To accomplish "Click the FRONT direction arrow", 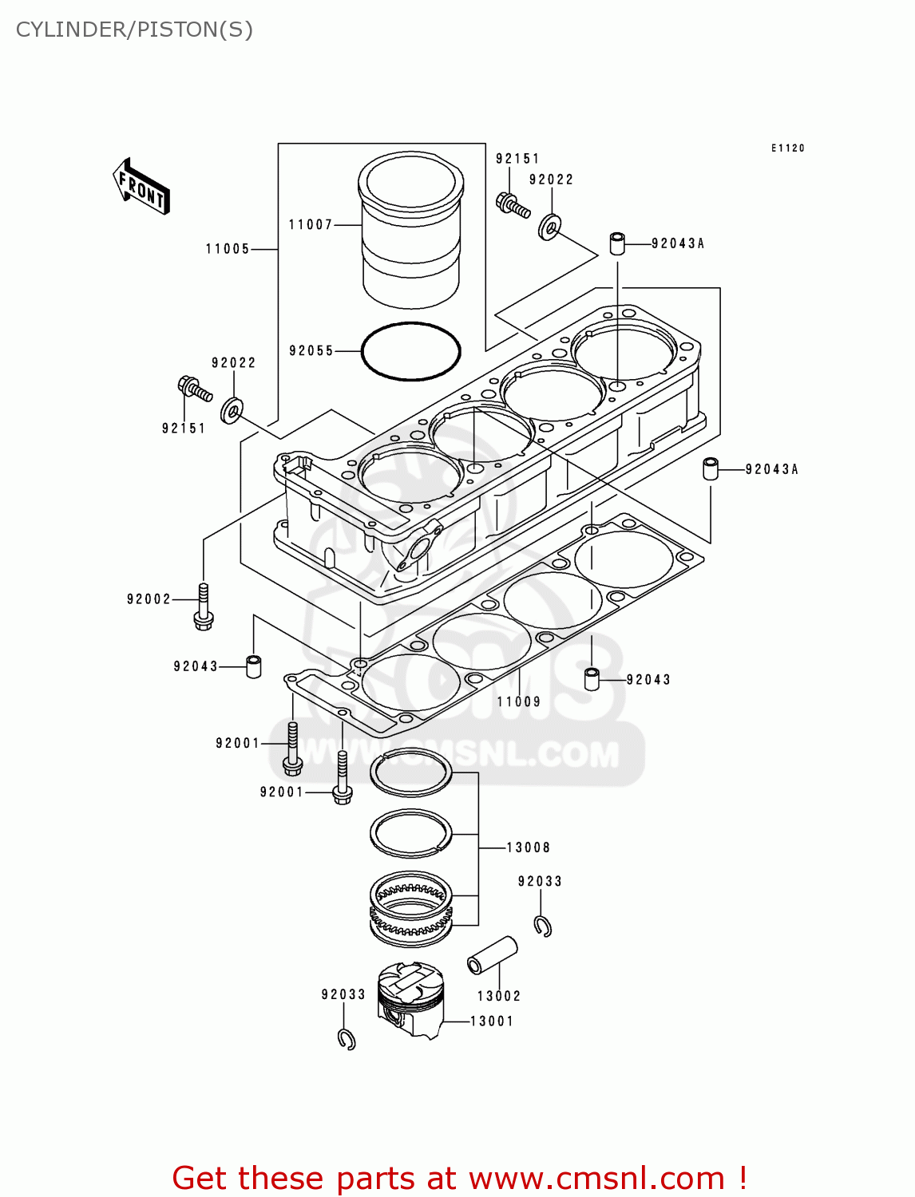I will tap(141, 187).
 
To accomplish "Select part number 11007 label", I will tap(310, 225).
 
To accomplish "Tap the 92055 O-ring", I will tap(410, 351).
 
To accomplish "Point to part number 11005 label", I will tap(228, 249).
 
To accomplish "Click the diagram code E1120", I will tap(787, 148).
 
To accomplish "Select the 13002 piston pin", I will tap(492, 955).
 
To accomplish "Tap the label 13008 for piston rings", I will tap(528, 847).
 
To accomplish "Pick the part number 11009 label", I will tap(519, 702).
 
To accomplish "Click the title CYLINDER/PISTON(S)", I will tap(134, 30).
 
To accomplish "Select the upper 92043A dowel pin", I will tap(617, 243).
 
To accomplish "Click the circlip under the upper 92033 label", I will tap(543, 926).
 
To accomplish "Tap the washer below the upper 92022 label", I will tap(549, 227).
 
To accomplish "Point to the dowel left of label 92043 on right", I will tap(592, 679).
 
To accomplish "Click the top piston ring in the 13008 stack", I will tap(410, 773).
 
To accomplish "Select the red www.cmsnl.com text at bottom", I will tap(459, 1178).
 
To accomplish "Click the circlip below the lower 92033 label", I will tap(347, 1039).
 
